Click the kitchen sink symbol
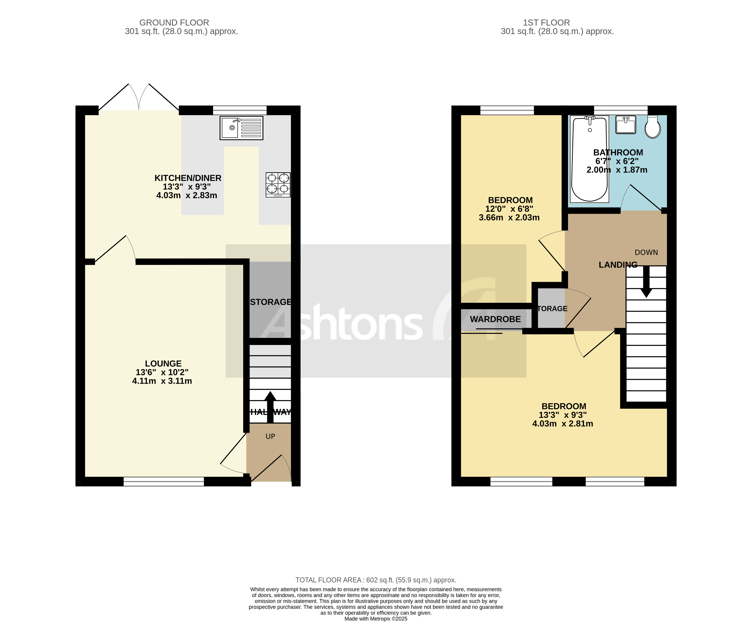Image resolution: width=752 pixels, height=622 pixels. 241,128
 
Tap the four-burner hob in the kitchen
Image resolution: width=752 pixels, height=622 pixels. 278,185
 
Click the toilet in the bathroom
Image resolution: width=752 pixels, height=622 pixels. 653,127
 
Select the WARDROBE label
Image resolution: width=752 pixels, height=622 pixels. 495,319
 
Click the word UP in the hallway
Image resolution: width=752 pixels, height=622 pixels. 270,436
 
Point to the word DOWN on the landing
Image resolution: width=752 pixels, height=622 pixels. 646,252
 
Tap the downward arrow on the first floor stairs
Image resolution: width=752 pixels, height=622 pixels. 646,283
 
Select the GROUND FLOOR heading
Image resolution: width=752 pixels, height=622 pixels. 174,23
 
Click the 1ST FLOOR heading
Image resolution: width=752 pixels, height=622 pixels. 546,23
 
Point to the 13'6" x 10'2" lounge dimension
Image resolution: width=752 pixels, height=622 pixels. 162,372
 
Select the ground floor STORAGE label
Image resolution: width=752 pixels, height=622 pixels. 270,302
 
